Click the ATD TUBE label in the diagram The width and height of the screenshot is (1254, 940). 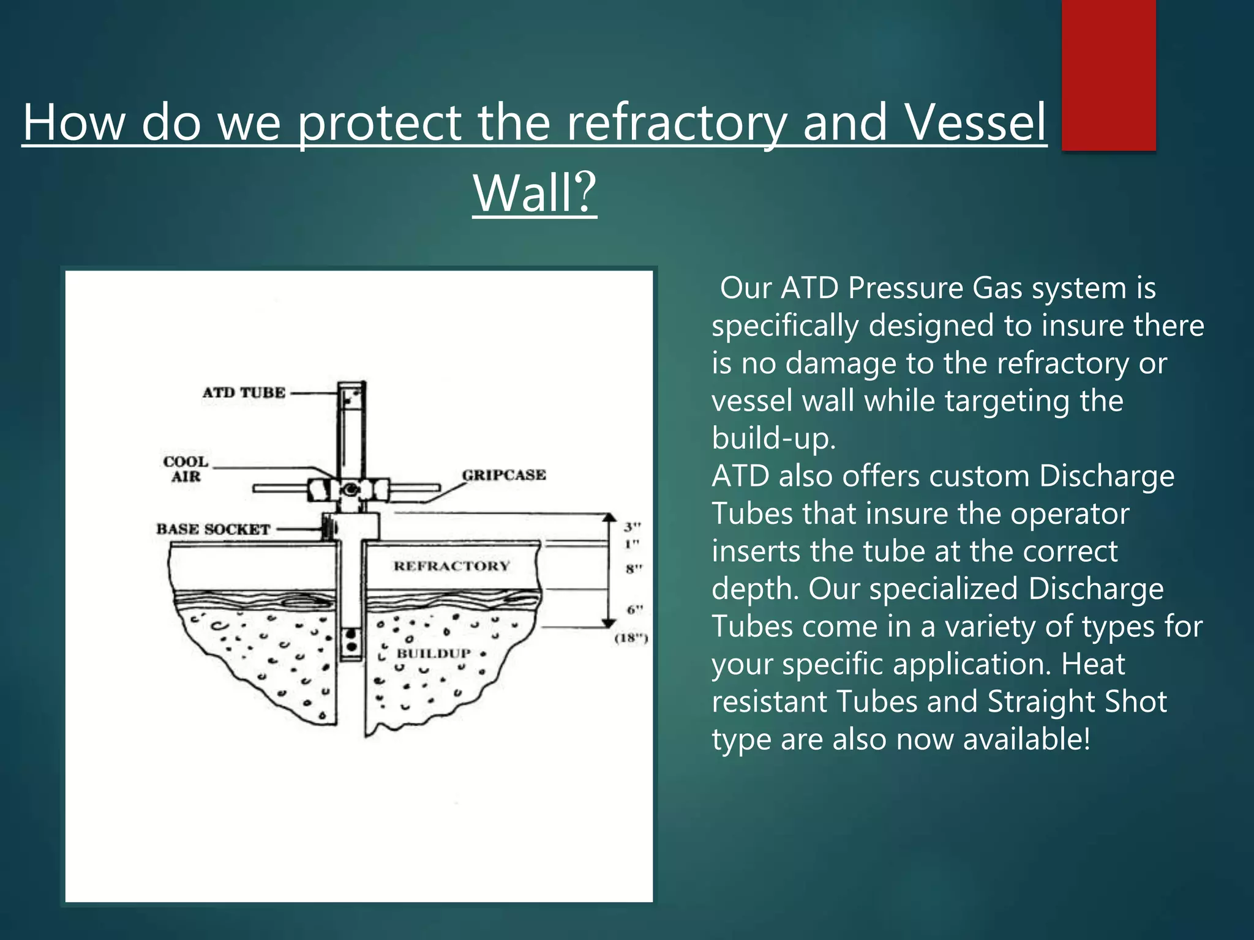pyautogui.click(x=244, y=392)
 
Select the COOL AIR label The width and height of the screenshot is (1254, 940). pyautogui.click(x=186, y=469)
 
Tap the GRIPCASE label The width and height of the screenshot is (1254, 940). pyautogui.click(x=503, y=475)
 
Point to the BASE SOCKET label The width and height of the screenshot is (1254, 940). pyautogui.click(x=212, y=529)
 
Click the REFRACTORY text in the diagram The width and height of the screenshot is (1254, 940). pyautogui.click(x=451, y=566)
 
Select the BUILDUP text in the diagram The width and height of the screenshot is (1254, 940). pyautogui.click(x=434, y=653)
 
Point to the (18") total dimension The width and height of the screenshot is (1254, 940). pyautogui.click(x=631, y=639)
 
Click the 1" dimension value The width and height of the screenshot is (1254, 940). pyautogui.click(x=632, y=544)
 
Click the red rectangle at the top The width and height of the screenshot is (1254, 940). pyautogui.click(x=1108, y=75)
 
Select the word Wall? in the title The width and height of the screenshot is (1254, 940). pyautogui.click(x=535, y=192)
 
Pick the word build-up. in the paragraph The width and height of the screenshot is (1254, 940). pyautogui.click(x=773, y=438)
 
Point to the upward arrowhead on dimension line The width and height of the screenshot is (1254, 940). pyautogui.click(x=609, y=517)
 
